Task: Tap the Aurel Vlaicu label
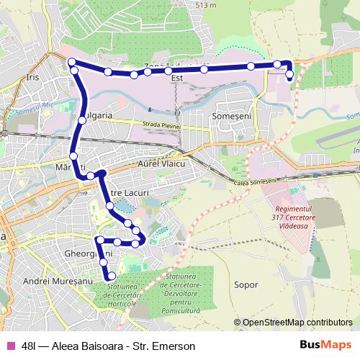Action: pos(161,165)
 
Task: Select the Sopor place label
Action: pos(246,284)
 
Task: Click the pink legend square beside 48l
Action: pos(9,346)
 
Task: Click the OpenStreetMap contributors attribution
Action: pos(297,322)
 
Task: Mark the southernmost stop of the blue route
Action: pos(111,276)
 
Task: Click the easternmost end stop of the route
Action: pos(289,75)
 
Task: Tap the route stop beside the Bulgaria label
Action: pos(82,120)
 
